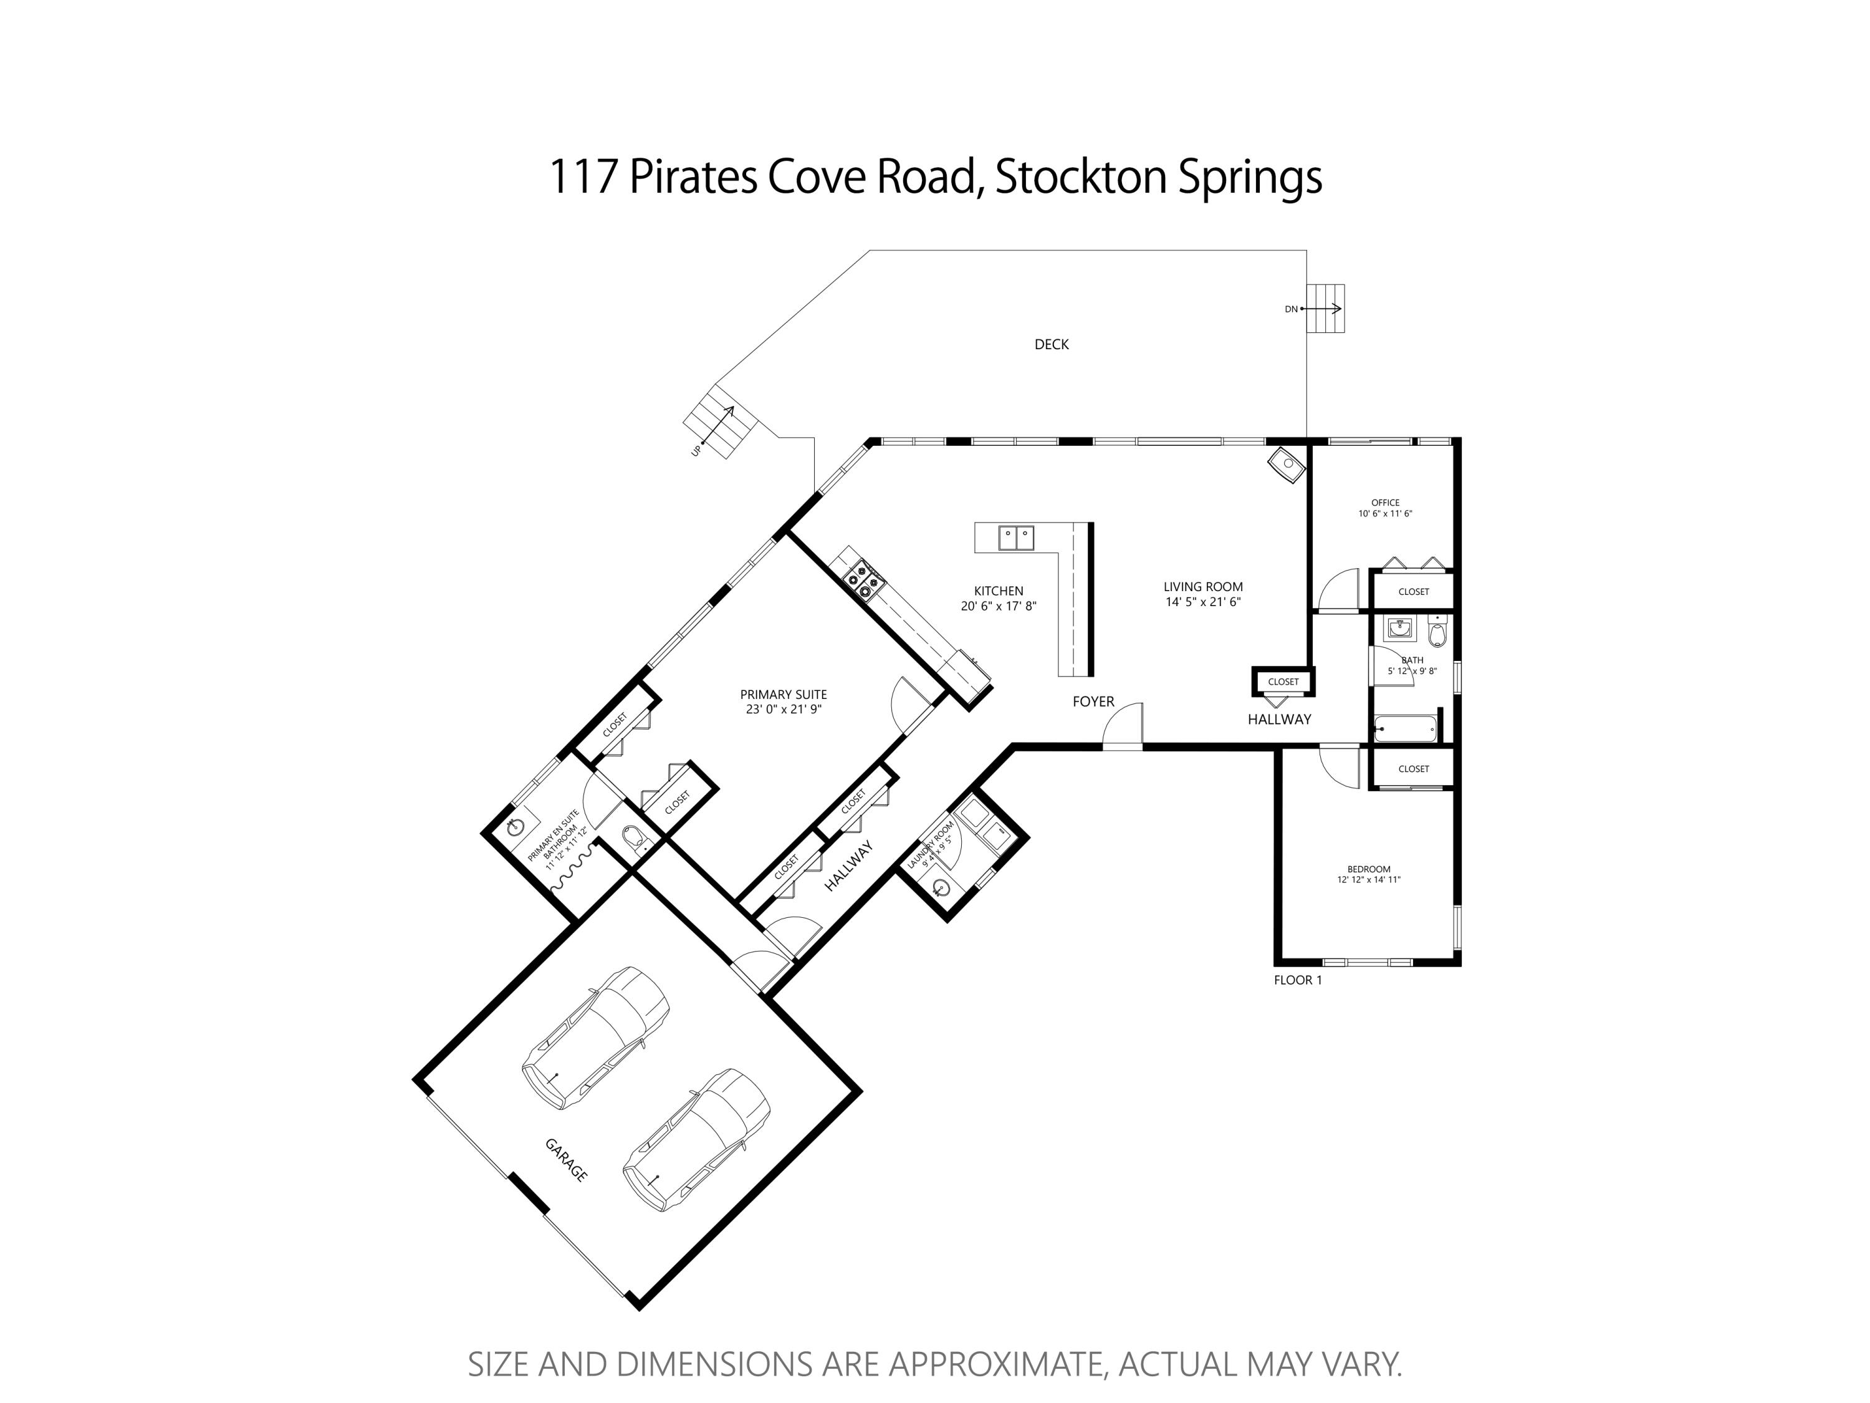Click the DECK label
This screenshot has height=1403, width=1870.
[x=1051, y=344]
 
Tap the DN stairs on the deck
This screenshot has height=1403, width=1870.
[x=1325, y=309]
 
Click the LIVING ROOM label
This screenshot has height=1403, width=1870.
[x=1202, y=587]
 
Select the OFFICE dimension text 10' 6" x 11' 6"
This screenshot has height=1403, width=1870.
[x=1385, y=513]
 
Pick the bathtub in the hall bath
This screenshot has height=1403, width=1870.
[x=1404, y=728]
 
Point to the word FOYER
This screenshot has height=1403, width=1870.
[x=1093, y=701]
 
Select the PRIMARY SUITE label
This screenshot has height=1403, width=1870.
[x=783, y=694]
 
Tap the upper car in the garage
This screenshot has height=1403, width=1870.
[x=595, y=1037]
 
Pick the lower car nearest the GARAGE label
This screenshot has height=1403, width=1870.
[x=696, y=1139]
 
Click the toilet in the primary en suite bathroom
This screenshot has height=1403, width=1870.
[x=635, y=839]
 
